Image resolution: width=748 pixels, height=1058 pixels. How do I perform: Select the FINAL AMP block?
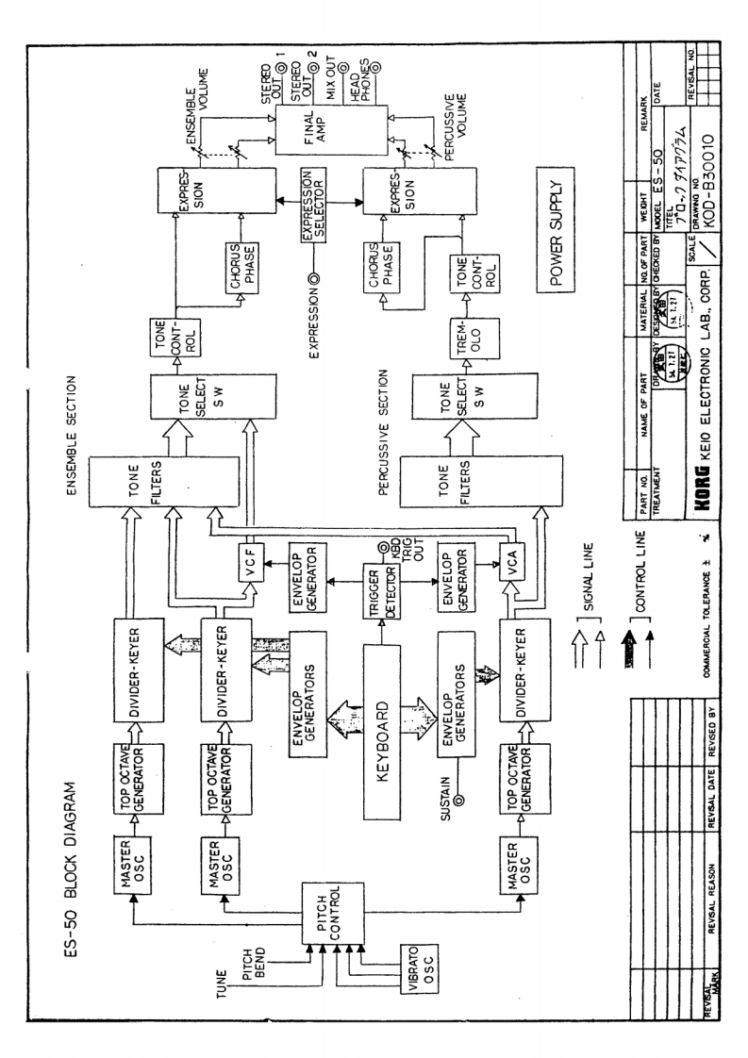pyautogui.click(x=331, y=145)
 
